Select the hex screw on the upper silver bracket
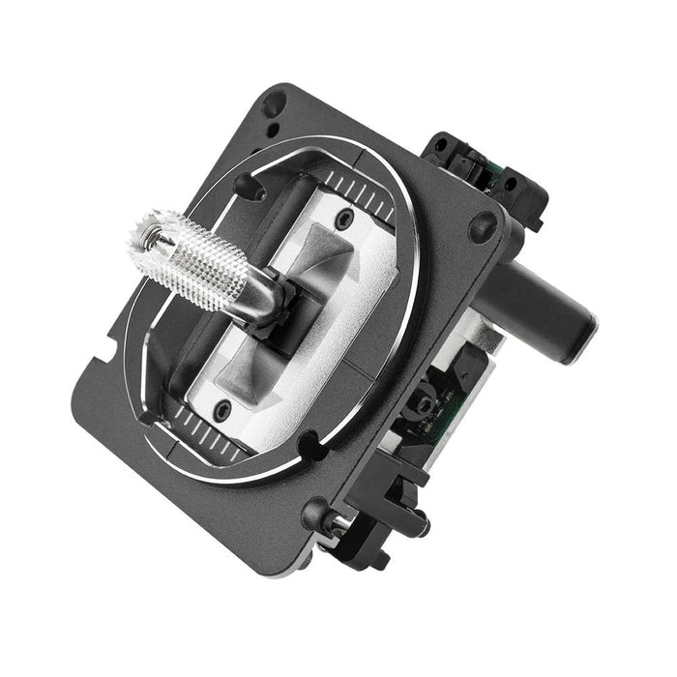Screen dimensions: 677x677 click(x=340, y=221)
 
